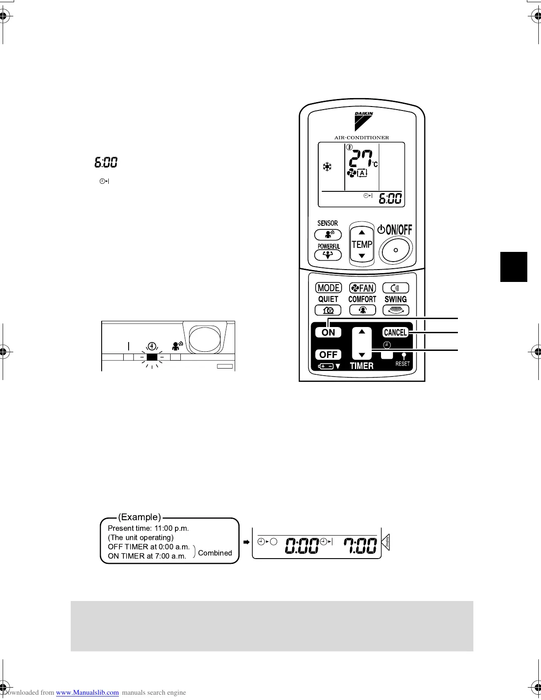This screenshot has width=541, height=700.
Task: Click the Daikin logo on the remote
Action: pos(364,120)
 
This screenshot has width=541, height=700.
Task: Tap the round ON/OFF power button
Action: pos(396,250)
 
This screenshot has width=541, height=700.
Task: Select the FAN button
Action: pos(362,288)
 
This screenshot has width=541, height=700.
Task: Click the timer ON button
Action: pos(328,332)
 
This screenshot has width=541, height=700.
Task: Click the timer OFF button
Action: pos(328,354)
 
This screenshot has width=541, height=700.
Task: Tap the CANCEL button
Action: pos(395,332)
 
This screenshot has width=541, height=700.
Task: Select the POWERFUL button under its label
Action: pos(328,255)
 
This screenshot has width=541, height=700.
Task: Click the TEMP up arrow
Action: pos(362,232)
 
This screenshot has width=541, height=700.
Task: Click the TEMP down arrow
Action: pos(362,256)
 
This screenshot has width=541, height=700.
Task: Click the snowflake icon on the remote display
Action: pos(327,167)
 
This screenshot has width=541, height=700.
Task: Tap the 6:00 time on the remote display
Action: pos(390,198)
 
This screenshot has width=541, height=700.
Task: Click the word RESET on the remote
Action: pos(403,364)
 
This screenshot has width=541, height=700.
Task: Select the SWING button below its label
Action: pos(396,310)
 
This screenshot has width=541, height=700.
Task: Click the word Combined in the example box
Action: pos(215,553)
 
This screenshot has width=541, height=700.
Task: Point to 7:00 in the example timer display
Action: pos(361,545)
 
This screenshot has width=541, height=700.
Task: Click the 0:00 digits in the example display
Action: pos(302,545)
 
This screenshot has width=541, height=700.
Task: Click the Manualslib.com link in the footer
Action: pos(88,692)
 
